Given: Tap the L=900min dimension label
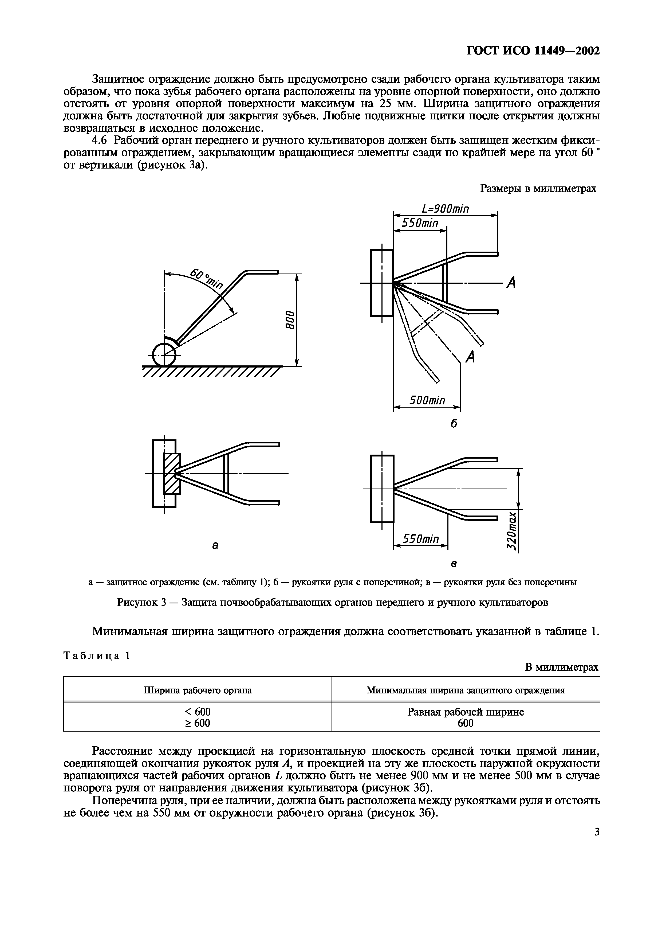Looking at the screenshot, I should [446, 209].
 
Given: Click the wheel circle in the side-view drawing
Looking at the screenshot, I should [164, 355].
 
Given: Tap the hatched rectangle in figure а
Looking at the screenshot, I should [172, 473].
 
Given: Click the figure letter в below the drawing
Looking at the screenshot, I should [453, 564].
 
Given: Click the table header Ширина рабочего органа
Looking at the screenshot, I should [198, 690].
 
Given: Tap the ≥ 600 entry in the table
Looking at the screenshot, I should [198, 723].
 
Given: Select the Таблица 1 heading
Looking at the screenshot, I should [97, 656].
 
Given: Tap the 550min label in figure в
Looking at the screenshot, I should [420, 539].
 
